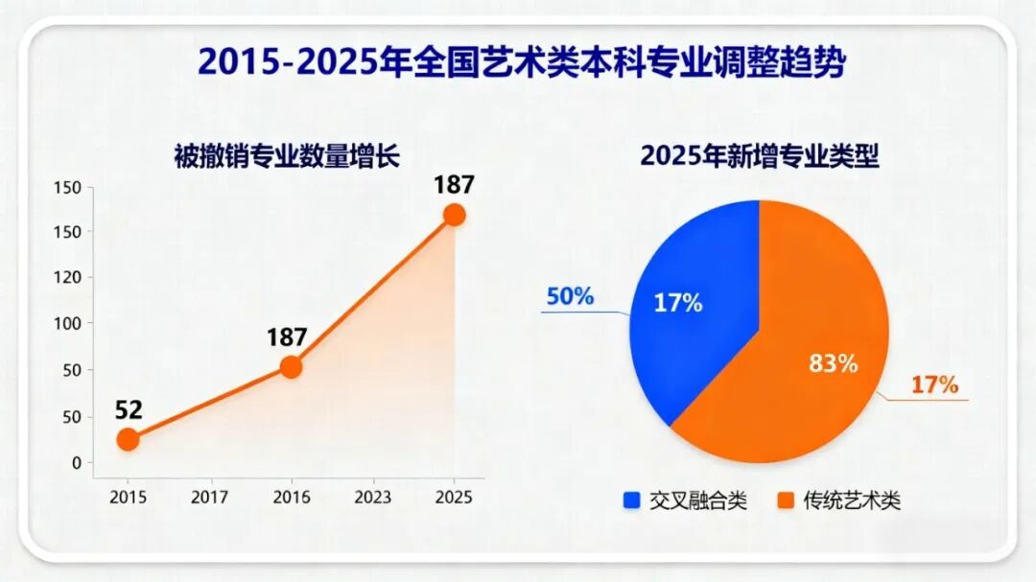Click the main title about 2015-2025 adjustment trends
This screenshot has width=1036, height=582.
coord(522,64)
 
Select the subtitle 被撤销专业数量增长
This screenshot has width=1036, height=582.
coord(287,155)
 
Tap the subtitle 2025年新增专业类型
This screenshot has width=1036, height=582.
coord(760,155)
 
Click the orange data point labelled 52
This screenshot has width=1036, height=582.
coord(128,439)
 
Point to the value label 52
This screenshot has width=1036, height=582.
coord(129,410)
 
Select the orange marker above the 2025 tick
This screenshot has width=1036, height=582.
coord(454,215)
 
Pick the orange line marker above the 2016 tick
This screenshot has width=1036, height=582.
coord(291,366)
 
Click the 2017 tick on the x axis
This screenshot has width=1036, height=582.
coord(209,497)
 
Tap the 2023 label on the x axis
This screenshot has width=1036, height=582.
coord(372,497)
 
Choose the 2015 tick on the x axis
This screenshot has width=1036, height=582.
coord(128,497)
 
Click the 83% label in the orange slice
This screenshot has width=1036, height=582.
coord(832,363)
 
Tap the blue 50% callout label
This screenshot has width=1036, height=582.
coord(570,296)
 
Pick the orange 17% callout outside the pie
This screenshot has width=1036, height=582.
coord(934,384)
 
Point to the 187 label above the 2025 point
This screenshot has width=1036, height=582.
coord(454,185)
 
